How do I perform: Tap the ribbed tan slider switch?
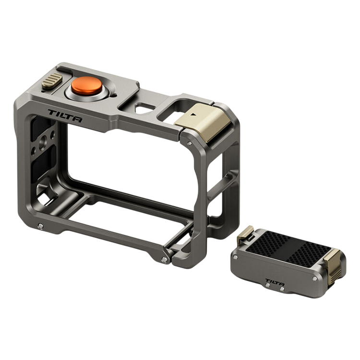52,80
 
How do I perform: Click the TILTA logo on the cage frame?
65,116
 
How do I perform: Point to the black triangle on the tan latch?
195,114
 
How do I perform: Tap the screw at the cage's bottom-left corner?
41,226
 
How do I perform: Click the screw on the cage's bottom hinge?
164,260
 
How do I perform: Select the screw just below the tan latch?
190,144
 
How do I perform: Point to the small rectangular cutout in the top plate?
144,108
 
